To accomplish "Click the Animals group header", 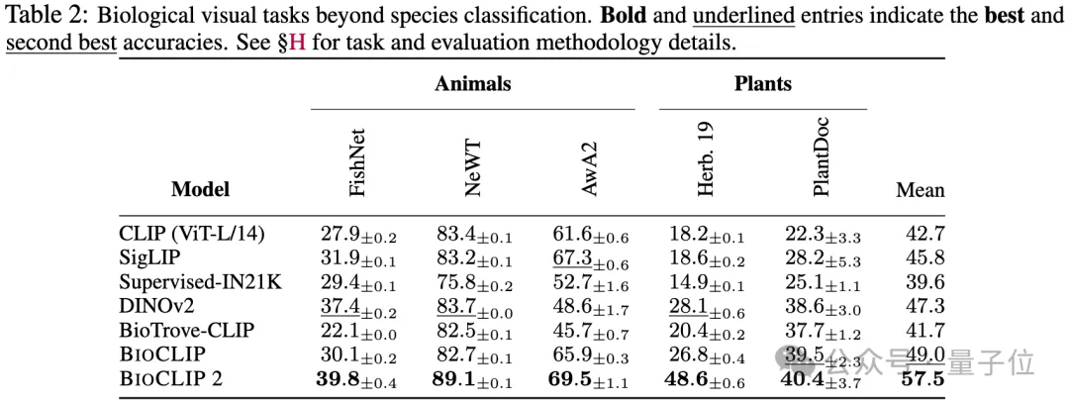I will pyautogui.click(x=472, y=83).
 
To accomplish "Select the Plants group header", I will pyautogui.click(x=763, y=83).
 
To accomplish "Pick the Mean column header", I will pyautogui.click(x=920, y=189).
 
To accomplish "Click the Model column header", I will pyautogui.click(x=200, y=188).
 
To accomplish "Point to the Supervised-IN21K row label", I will pyautogui.click(x=200, y=282).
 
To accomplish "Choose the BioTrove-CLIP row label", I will pyautogui.click(x=185, y=330).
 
